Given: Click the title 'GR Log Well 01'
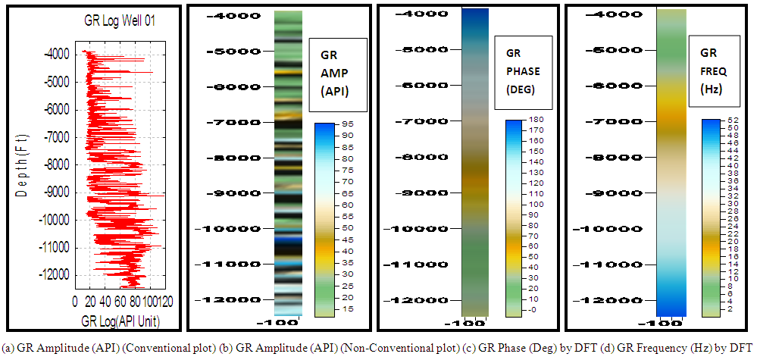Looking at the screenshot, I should click(x=120, y=22).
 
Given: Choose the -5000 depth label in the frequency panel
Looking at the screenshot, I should click(x=606, y=50).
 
